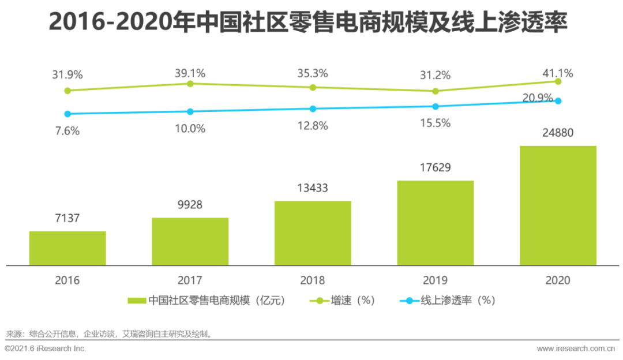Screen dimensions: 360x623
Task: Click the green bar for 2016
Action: click(x=67, y=248)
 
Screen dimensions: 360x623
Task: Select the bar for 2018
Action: click(x=313, y=233)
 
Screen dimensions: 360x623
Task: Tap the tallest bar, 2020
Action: click(x=558, y=205)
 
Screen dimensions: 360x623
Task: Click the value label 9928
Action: click(x=190, y=205)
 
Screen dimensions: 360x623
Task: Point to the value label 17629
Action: click(x=435, y=167)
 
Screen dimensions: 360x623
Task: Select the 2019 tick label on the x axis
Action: click(x=435, y=280)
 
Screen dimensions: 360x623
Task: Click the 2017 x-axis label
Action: click(x=190, y=280)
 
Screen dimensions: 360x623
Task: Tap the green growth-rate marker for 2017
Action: click(x=190, y=84)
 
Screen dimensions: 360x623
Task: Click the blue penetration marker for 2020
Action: click(x=558, y=101)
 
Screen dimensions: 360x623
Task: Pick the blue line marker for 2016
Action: click(x=67, y=114)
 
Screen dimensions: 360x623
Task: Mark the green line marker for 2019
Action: click(x=436, y=91)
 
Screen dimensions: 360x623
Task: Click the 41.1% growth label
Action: click(x=558, y=73)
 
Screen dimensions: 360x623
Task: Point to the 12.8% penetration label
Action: click(x=313, y=125)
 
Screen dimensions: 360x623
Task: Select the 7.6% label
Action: click(x=67, y=131)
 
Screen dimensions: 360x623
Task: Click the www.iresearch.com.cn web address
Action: click(x=576, y=348)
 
